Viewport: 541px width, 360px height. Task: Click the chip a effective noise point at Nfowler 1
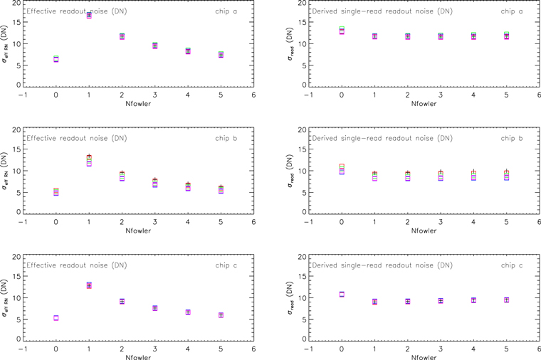[89, 15]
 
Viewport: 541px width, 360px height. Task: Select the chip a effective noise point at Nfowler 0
[56, 59]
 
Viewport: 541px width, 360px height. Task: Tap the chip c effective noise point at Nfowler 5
[221, 315]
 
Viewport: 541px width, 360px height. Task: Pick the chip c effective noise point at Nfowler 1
[89, 285]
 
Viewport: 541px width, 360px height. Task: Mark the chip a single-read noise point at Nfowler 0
[342, 31]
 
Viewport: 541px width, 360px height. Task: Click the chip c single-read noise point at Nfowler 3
[441, 301]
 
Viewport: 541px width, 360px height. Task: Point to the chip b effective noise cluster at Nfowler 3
[155, 182]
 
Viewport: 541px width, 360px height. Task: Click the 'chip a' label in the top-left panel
[226, 11]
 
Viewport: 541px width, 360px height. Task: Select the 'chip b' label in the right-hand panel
[512, 138]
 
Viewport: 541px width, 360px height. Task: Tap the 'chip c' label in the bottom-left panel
[226, 265]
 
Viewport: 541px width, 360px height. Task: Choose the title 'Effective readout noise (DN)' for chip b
[77, 138]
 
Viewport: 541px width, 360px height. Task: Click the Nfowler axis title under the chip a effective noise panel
[138, 103]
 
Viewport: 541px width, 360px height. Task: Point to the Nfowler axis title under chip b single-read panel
[424, 231]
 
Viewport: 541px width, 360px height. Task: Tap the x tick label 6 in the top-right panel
[539, 95]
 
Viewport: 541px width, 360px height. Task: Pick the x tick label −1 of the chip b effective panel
[23, 222]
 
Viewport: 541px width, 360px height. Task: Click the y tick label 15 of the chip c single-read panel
[303, 276]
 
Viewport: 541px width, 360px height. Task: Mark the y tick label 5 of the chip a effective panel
[19, 65]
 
